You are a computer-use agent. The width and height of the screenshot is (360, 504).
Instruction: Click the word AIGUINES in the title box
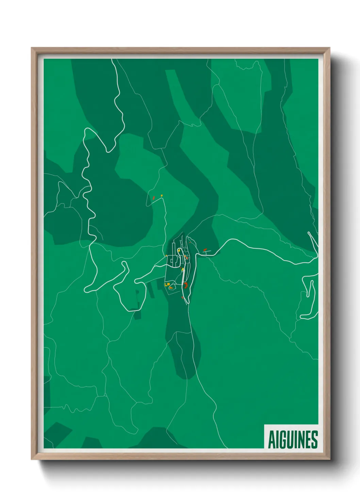pos(293,440)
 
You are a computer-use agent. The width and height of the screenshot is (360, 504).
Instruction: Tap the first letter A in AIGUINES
pos(272,440)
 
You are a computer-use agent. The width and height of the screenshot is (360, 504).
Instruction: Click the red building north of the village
pos(154,198)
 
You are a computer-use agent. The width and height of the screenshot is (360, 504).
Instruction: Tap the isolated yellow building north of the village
pos(162,195)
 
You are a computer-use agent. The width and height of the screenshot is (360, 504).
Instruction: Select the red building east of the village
pos(205,250)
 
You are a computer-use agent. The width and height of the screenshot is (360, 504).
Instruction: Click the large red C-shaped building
pos(186,285)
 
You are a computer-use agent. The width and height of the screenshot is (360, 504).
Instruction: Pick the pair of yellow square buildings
pos(167,284)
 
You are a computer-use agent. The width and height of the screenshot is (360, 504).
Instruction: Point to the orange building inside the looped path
pos(171,288)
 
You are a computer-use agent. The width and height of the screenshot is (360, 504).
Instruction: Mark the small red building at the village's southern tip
pos(182,298)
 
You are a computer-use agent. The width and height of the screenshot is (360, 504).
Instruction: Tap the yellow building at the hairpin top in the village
pos(179,250)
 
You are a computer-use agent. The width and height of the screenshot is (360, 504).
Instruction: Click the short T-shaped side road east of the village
pos(207,252)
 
